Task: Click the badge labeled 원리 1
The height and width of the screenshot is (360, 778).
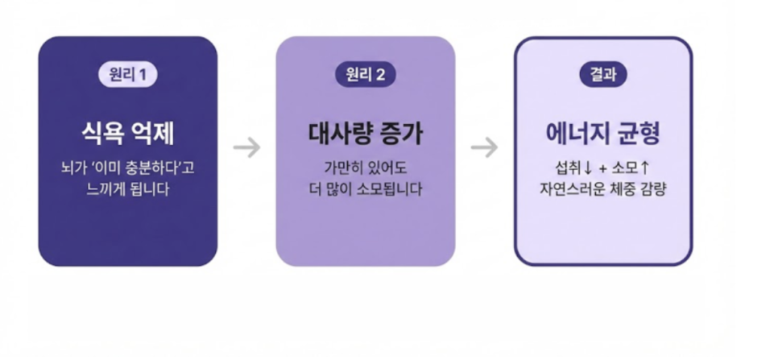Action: click(x=128, y=75)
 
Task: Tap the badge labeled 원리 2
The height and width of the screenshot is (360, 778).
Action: click(x=366, y=75)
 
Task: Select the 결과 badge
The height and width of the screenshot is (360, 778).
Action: click(x=603, y=75)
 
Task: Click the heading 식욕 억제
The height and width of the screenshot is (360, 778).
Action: click(x=128, y=134)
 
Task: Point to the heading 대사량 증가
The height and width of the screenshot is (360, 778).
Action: click(x=366, y=134)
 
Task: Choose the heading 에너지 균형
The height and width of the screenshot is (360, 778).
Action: click(x=603, y=134)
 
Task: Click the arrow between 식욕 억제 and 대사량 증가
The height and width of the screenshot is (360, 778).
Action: click(x=246, y=147)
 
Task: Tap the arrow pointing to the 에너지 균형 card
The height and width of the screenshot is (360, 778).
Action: click(x=484, y=147)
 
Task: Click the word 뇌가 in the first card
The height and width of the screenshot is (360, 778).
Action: click(x=72, y=168)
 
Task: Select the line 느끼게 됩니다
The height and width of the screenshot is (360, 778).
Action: click(x=128, y=189)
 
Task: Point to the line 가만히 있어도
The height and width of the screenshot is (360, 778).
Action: click(x=366, y=168)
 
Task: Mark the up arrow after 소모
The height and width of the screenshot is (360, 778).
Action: click(x=644, y=168)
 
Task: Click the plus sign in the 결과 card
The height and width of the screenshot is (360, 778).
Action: click(x=603, y=168)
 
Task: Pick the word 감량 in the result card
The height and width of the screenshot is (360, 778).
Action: click(x=652, y=189)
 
